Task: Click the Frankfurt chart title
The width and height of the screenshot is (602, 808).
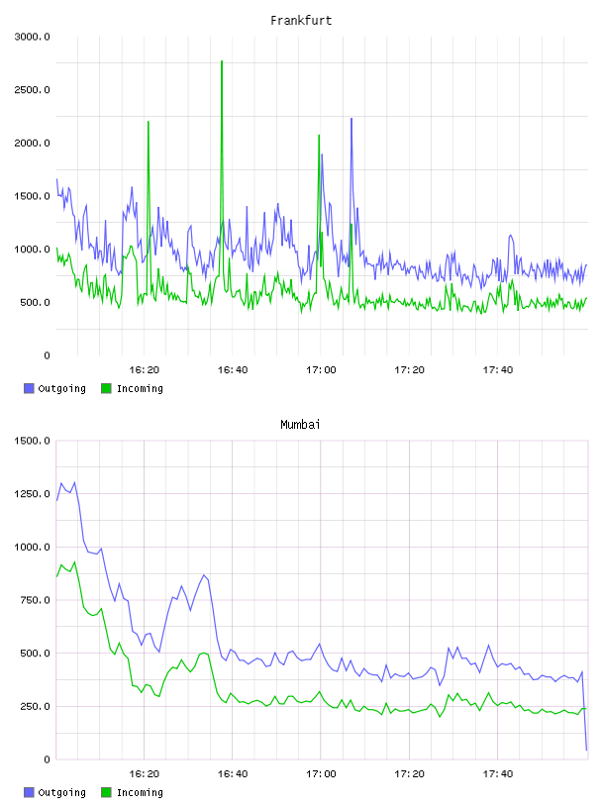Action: [x=301, y=21]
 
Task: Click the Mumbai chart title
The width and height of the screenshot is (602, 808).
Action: [x=300, y=425]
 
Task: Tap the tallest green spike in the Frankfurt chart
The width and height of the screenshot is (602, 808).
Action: [x=222, y=61]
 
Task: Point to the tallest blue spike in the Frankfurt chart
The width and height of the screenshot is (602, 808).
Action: [x=351, y=119]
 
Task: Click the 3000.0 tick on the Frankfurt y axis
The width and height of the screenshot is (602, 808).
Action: [x=33, y=37]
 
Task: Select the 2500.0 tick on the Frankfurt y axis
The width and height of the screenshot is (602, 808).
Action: [x=33, y=90]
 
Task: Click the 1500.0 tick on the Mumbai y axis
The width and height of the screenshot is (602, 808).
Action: [x=33, y=441]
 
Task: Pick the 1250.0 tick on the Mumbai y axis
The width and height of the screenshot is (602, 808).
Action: [x=33, y=494]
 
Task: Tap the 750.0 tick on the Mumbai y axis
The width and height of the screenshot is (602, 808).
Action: [x=35, y=600]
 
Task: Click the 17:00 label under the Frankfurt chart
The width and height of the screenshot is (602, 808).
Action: [x=321, y=370]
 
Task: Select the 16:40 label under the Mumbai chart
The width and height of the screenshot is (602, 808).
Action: [x=233, y=774]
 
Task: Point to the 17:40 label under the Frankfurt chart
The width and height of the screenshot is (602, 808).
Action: [x=498, y=370]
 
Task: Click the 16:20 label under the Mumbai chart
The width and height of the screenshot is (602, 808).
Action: [x=145, y=774]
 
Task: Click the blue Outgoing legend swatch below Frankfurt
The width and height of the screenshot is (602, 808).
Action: [x=29, y=388]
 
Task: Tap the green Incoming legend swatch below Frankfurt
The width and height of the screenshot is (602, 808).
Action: [x=106, y=388]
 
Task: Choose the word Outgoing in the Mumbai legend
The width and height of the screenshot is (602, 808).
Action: [x=61, y=792]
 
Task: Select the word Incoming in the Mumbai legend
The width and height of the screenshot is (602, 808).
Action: [x=140, y=792]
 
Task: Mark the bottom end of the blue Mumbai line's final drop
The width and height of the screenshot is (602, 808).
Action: [x=586, y=751]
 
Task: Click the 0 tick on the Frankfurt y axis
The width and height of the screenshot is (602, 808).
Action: [x=47, y=355]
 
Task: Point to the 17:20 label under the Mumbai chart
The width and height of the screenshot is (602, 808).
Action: [x=409, y=774]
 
